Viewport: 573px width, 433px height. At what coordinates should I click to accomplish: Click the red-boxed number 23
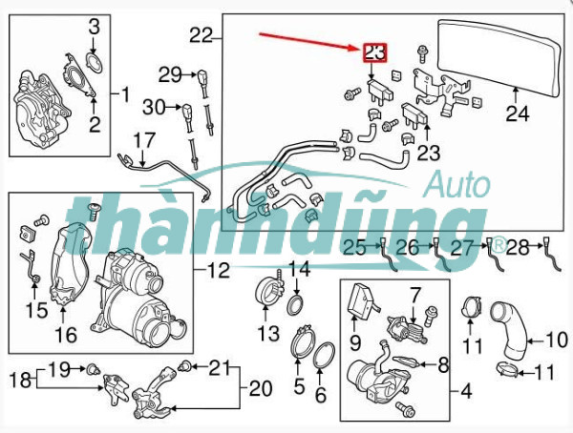click(374, 53)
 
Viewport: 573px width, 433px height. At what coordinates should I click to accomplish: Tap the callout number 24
click(517, 113)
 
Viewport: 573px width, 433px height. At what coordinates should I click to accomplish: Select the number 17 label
click(144, 141)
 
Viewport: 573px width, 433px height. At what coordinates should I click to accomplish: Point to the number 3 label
click(95, 27)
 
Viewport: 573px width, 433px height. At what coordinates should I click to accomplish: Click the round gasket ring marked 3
click(94, 62)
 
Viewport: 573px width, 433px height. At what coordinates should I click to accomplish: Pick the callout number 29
click(170, 75)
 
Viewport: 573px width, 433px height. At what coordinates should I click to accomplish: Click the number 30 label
click(154, 108)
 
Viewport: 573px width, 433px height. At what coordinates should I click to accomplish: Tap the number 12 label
click(218, 271)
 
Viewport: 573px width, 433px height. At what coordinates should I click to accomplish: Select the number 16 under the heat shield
click(66, 335)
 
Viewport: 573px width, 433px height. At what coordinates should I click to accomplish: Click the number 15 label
click(36, 310)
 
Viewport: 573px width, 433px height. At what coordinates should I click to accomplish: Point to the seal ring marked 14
click(294, 306)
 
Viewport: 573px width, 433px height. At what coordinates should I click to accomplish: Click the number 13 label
click(269, 333)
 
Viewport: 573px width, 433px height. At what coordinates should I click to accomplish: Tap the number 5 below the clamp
click(299, 386)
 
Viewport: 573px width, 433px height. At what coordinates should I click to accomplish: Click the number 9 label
click(355, 342)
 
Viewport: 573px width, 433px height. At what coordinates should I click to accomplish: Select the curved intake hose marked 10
click(509, 330)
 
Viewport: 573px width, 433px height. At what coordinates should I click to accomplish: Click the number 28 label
click(519, 248)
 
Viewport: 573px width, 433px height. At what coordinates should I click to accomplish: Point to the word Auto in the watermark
click(458, 184)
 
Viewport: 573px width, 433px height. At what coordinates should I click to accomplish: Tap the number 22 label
click(201, 35)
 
